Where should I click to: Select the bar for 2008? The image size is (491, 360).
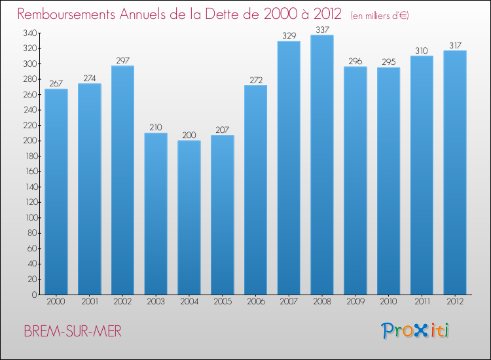point(321,165)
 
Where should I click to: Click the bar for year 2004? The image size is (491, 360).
point(189,217)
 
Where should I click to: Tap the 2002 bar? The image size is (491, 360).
point(122,180)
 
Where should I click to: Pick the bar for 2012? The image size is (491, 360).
point(454,173)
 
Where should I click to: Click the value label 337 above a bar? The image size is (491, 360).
point(321,29)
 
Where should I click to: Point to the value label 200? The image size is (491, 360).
point(189,135)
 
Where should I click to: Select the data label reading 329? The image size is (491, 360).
point(288,36)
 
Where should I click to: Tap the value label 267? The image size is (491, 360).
point(56,83)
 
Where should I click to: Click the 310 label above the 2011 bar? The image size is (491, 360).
point(421,50)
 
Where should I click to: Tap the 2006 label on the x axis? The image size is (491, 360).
point(255,302)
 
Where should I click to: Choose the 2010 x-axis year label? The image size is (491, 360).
point(388,302)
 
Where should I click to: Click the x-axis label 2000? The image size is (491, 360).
point(56,302)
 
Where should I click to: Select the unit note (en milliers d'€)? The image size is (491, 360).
point(380,15)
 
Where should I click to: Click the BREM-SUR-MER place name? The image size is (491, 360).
point(72,331)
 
